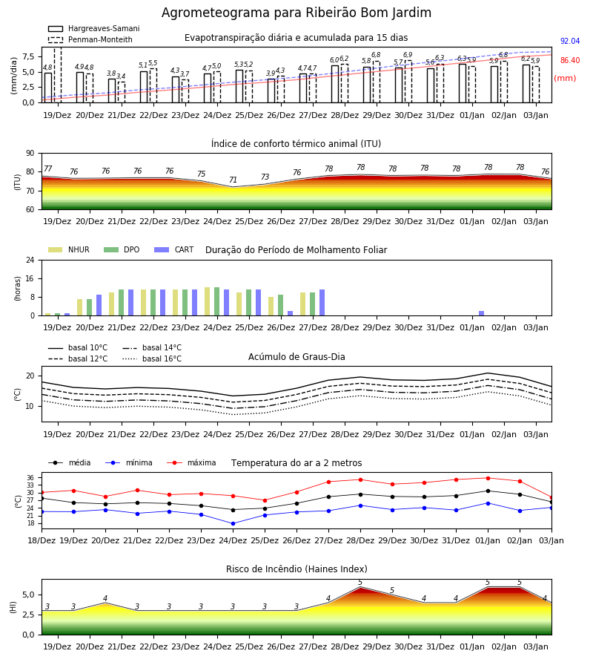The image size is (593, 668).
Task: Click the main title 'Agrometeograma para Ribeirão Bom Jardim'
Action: point(296,13)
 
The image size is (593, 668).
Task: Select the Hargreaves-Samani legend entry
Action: point(93,28)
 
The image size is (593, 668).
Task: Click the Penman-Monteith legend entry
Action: point(90,39)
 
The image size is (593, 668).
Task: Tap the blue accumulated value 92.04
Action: point(570,42)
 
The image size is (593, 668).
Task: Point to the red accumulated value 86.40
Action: point(570,61)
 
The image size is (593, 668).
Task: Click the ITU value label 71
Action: point(233,180)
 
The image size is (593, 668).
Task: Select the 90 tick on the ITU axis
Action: point(30,154)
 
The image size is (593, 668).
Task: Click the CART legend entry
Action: point(174,249)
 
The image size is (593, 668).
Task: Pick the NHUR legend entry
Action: point(69,249)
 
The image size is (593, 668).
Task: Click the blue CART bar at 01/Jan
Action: point(482,313)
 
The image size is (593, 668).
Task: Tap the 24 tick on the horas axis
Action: point(30,261)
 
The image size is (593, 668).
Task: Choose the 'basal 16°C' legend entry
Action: point(152,358)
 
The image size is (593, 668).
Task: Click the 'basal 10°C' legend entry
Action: point(78,347)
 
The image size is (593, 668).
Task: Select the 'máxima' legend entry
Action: point(191,462)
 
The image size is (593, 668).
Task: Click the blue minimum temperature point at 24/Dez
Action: point(233,523)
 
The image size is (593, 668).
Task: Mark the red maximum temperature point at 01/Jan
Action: point(488,478)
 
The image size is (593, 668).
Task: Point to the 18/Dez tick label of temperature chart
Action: point(42,540)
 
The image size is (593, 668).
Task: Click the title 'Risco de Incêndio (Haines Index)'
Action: point(296,569)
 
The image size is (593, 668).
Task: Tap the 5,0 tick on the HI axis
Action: point(29,595)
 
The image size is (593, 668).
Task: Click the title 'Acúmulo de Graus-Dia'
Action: point(296,357)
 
